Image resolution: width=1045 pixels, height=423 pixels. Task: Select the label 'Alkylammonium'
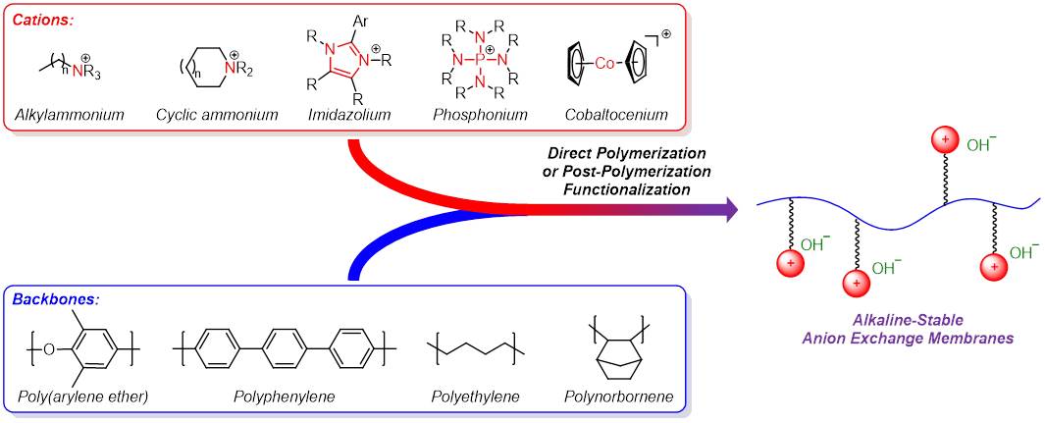pos(70,116)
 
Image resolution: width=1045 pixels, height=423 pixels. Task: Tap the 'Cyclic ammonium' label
pos(217,116)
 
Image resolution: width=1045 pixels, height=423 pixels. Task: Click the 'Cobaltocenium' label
pos(615,116)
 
